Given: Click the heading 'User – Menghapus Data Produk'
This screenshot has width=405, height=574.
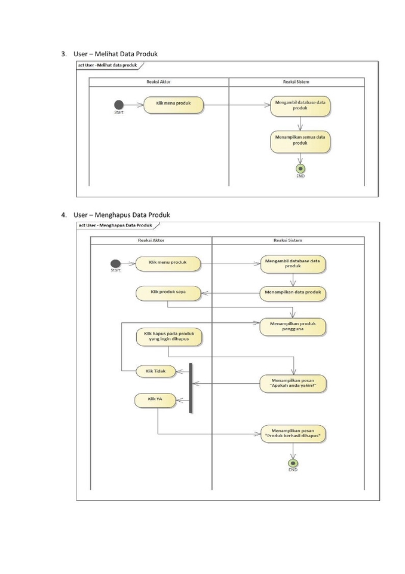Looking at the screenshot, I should pos(122,215).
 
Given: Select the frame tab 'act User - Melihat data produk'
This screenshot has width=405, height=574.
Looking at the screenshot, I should pos(108,65).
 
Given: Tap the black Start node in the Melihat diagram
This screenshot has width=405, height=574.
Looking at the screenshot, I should pos(119,105).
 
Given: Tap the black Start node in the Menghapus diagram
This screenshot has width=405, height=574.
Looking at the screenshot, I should pos(115,264).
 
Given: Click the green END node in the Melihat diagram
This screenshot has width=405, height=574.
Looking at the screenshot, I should pos(300,169).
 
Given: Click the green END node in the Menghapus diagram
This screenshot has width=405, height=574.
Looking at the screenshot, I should pos(293,463).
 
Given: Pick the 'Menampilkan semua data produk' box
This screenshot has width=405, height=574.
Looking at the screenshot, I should pos(300,141).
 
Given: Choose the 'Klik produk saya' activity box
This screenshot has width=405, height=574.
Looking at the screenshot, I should pos(168,293).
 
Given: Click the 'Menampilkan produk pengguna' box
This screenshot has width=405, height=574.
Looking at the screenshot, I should pos(293,326).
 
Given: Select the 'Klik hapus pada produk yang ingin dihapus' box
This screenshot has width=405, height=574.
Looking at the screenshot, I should pos(168,337).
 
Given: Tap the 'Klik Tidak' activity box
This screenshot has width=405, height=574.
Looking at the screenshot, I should pos(155,371).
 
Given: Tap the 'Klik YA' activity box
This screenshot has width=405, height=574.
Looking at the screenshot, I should pos(155,400).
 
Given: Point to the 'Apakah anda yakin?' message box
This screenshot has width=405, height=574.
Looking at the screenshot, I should pos(293,383).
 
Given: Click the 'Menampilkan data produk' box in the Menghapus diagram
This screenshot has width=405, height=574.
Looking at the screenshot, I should pos(293,293).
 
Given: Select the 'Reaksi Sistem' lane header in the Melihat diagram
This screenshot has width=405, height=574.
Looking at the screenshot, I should pos(296,82).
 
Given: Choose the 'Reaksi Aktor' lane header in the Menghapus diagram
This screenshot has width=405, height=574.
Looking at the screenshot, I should pos(151,240).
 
